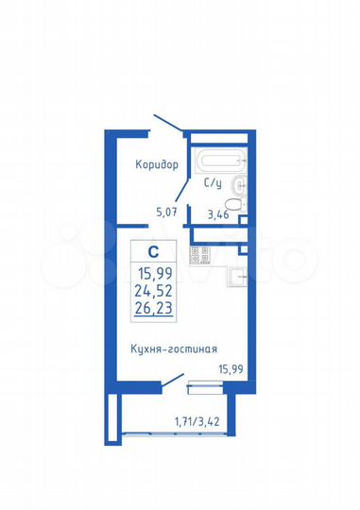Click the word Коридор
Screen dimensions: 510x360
[156, 164]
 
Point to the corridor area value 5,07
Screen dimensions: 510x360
[166, 212]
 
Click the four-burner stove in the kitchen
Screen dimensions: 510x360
[200, 255]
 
